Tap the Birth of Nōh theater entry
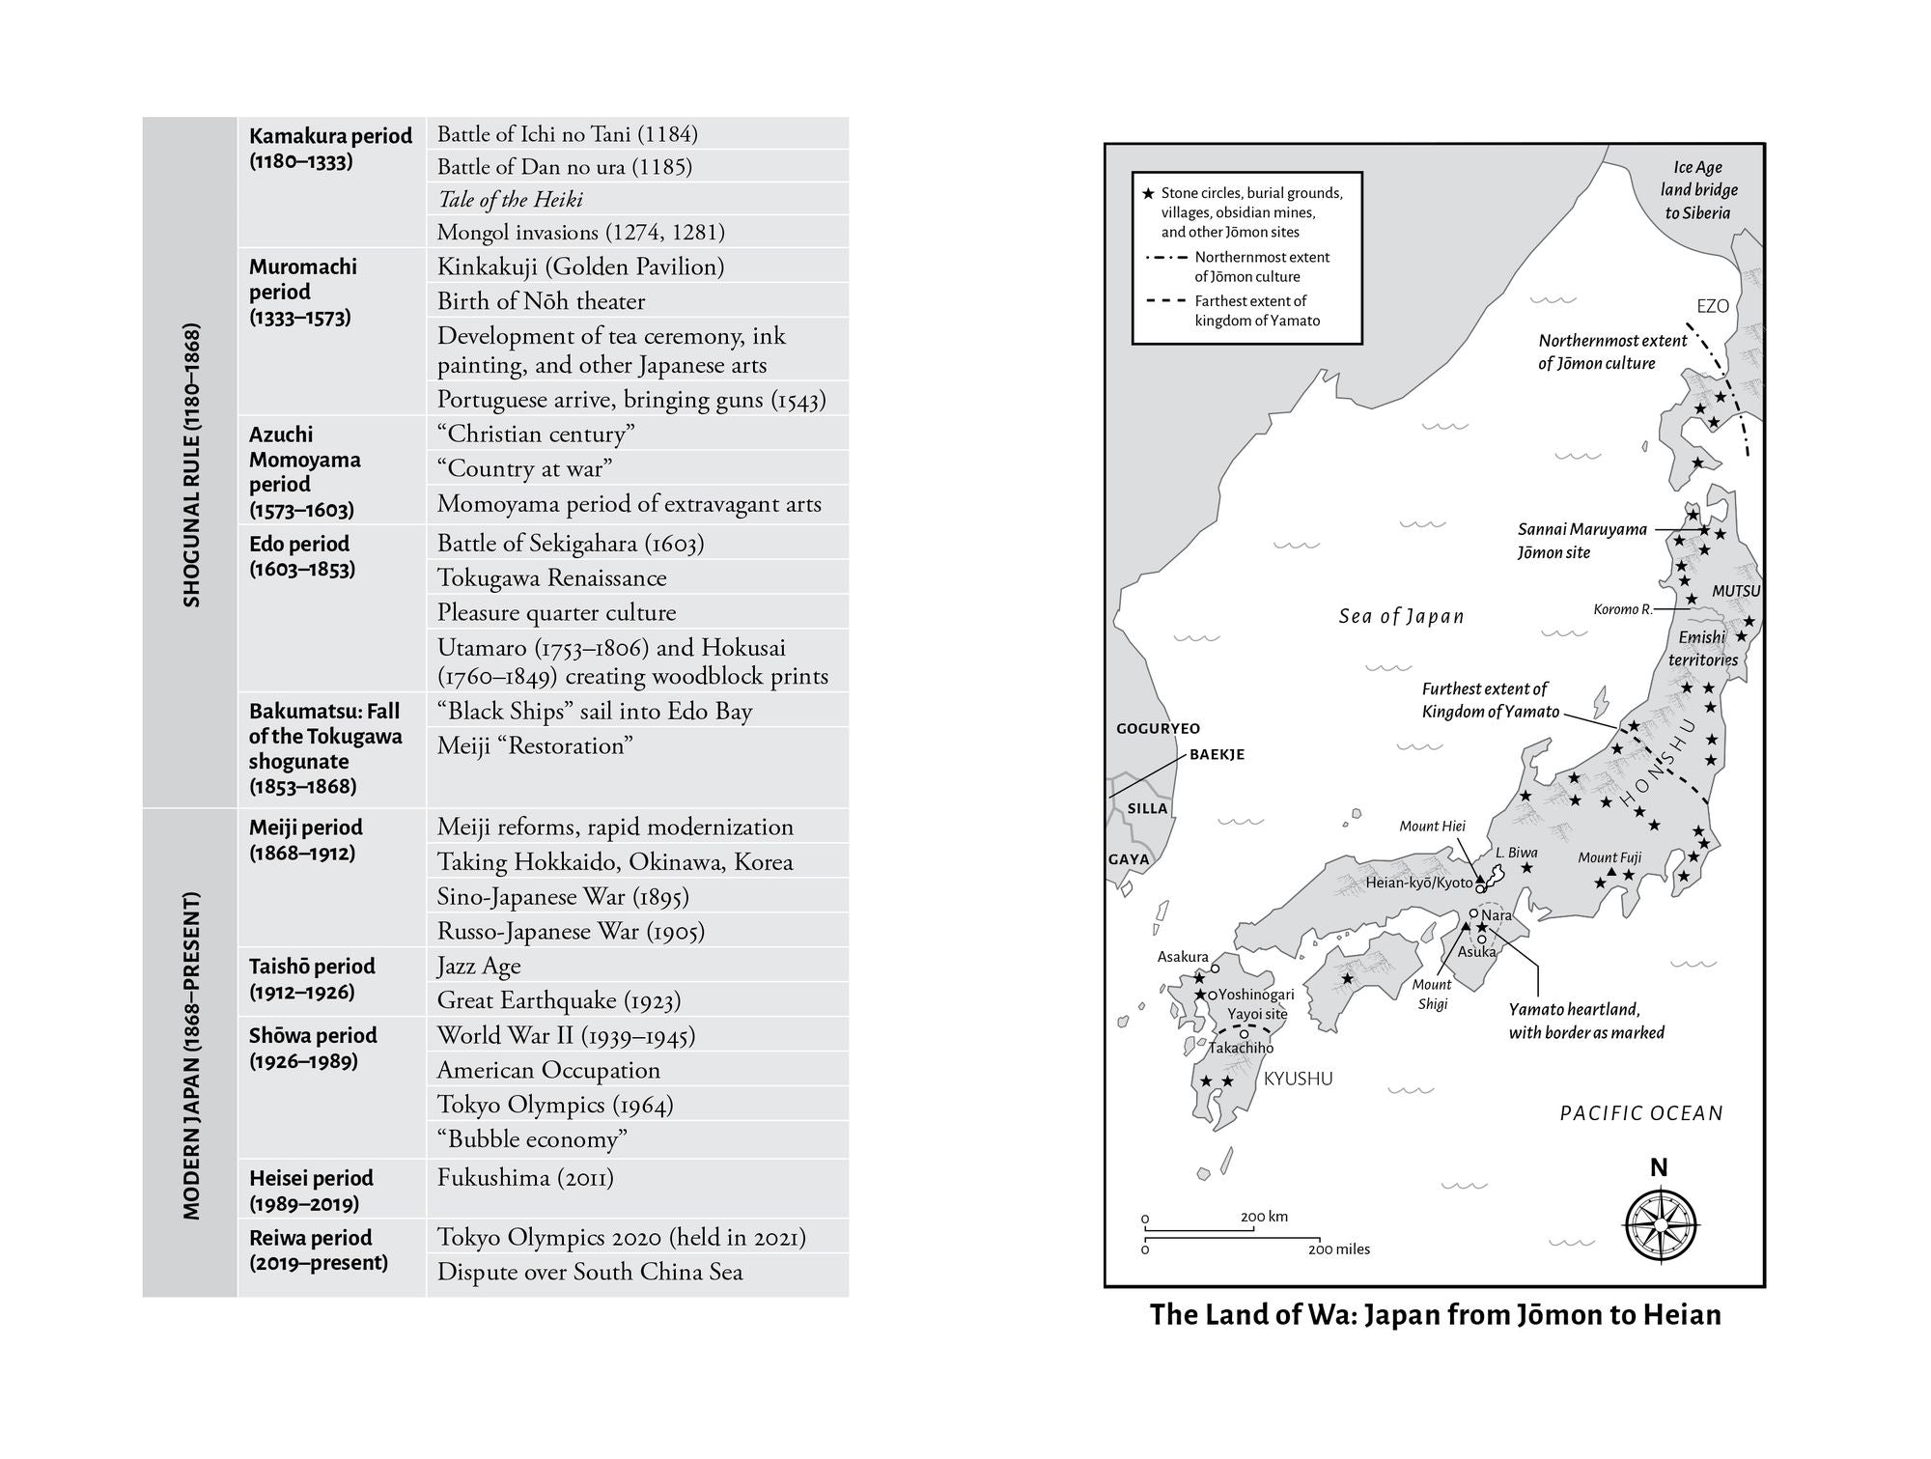click(x=541, y=301)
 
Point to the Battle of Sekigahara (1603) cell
click(x=571, y=544)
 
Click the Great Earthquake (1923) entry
click(x=558, y=1000)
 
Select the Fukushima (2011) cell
click(x=525, y=1178)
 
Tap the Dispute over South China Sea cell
click(x=590, y=1272)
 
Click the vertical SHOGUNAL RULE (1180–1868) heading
click(x=191, y=464)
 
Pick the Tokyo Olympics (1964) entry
click(x=555, y=1105)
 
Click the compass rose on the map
click(x=1660, y=1223)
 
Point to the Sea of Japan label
click(x=1401, y=617)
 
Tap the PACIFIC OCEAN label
click(x=1641, y=1113)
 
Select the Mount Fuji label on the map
click(x=1609, y=857)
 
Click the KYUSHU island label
click(x=1298, y=1079)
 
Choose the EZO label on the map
click(x=1713, y=306)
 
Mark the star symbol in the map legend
click(x=1148, y=193)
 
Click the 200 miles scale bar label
click(x=1339, y=1249)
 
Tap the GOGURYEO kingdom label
click(x=1158, y=729)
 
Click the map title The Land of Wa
click(x=1435, y=1315)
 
